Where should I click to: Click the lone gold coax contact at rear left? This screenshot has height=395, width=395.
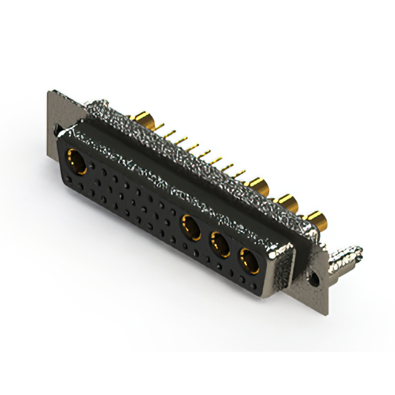tap(145, 120)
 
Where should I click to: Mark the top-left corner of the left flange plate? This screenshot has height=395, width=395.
tap(49, 93)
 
